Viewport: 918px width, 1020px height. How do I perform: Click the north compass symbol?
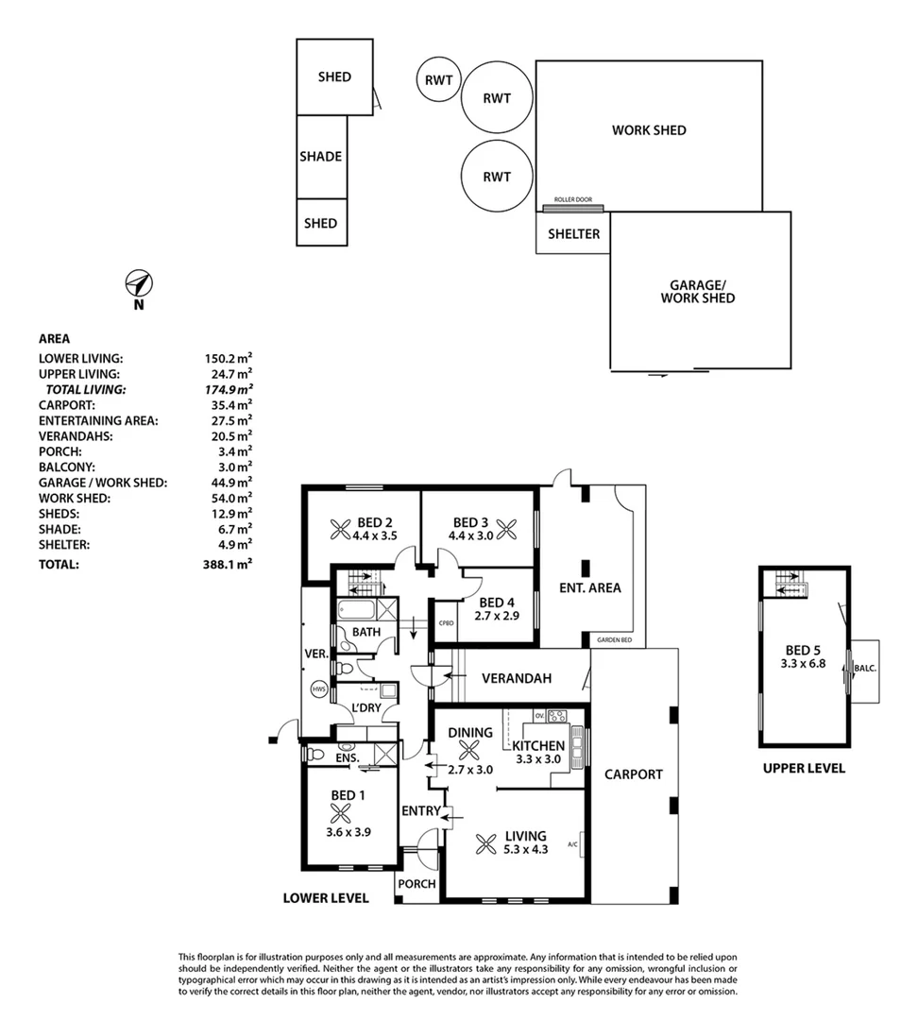pos(139,284)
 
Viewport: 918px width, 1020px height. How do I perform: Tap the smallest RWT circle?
pos(437,80)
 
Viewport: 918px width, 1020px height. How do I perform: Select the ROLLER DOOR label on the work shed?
pos(572,200)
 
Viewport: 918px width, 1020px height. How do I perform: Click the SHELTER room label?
pos(573,233)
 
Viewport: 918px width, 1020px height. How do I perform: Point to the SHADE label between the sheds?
pos(321,157)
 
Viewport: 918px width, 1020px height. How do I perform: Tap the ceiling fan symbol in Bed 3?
pos(507,531)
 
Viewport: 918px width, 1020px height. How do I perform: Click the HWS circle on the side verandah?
pos(318,689)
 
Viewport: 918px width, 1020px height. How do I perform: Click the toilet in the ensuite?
pos(317,755)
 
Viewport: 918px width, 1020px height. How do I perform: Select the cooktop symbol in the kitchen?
pos(556,716)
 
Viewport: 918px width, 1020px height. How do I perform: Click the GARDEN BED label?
pos(614,641)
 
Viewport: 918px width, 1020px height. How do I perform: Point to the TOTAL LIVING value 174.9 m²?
pos(230,389)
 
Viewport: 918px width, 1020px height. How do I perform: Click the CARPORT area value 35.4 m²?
pos(230,404)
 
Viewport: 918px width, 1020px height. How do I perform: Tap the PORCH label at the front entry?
pos(417,884)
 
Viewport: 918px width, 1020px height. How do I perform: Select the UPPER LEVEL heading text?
pos(804,769)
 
